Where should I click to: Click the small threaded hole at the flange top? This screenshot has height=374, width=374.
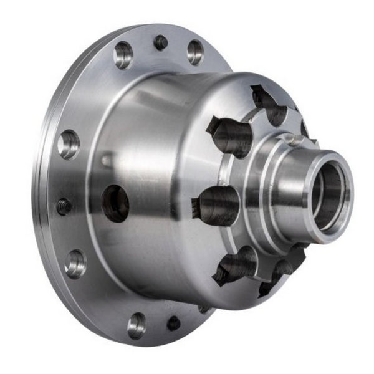tap(161, 43)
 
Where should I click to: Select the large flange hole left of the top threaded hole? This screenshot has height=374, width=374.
tap(123, 55)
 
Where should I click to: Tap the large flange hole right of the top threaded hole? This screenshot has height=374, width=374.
tap(195, 52)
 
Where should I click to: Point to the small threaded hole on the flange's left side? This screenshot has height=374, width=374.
tap(64, 206)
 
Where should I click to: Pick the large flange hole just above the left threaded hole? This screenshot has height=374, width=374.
tap(69, 145)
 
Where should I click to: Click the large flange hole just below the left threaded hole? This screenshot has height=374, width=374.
tap(75, 264)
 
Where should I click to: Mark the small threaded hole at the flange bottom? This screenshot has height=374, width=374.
tap(173, 323)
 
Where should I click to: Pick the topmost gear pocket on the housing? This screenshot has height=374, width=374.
tap(269, 107)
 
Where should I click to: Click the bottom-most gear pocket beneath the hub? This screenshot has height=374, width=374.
tap(276, 275)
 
